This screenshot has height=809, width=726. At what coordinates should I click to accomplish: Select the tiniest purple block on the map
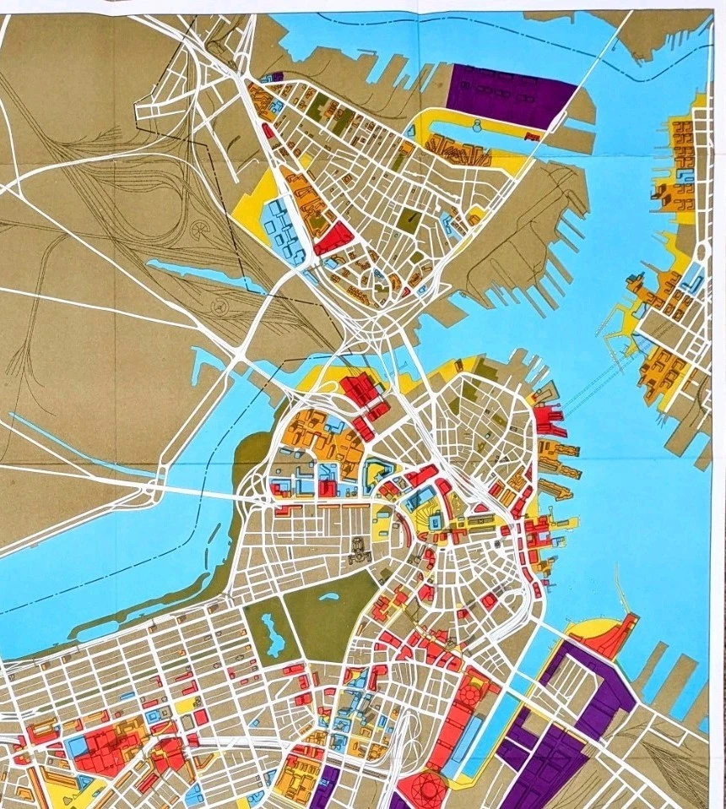[278, 76]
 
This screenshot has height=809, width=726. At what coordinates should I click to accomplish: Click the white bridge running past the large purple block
[574, 84]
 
